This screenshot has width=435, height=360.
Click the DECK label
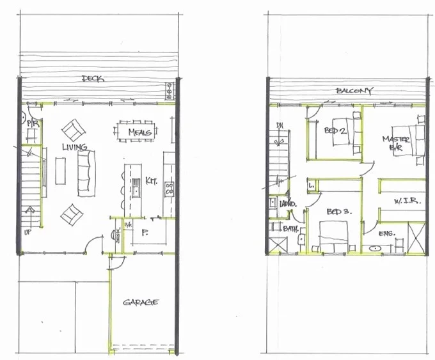[x=93, y=79]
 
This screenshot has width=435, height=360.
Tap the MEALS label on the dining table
[x=139, y=132]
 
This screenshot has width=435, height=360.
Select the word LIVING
[x=74, y=147]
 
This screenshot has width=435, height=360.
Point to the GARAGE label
[x=141, y=302]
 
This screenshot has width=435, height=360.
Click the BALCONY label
[x=354, y=91]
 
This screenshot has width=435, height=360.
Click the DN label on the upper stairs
[x=279, y=126]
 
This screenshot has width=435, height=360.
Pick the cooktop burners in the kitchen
[x=170, y=189]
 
